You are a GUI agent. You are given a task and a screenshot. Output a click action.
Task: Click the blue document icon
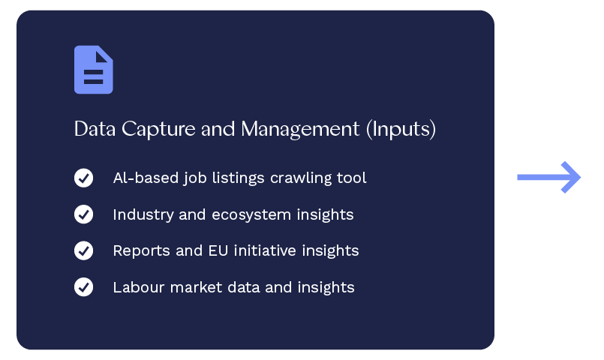click(x=94, y=70)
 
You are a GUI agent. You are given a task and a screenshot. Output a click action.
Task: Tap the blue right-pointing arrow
click(x=549, y=177)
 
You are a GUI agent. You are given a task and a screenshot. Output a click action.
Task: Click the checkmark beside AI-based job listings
click(x=83, y=178)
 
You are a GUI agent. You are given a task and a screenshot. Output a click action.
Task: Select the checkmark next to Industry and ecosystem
click(x=83, y=214)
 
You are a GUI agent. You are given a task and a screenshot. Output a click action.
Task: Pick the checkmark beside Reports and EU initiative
click(x=83, y=250)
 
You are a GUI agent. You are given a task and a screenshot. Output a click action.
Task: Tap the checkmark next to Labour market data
click(x=83, y=287)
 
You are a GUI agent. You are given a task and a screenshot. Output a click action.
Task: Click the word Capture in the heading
click(x=158, y=129)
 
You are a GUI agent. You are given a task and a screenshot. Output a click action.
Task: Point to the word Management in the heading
click(x=300, y=129)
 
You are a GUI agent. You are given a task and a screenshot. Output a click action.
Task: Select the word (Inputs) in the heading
click(x=401, y=129)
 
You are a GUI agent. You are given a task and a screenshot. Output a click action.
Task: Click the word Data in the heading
click(x=95, y=128)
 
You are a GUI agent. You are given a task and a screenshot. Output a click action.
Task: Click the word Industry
click(x=143, y=214)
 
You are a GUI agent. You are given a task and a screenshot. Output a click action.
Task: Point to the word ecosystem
click(x=251, y=215)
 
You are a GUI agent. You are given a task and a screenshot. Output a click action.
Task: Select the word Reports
click(x=141, y=251)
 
